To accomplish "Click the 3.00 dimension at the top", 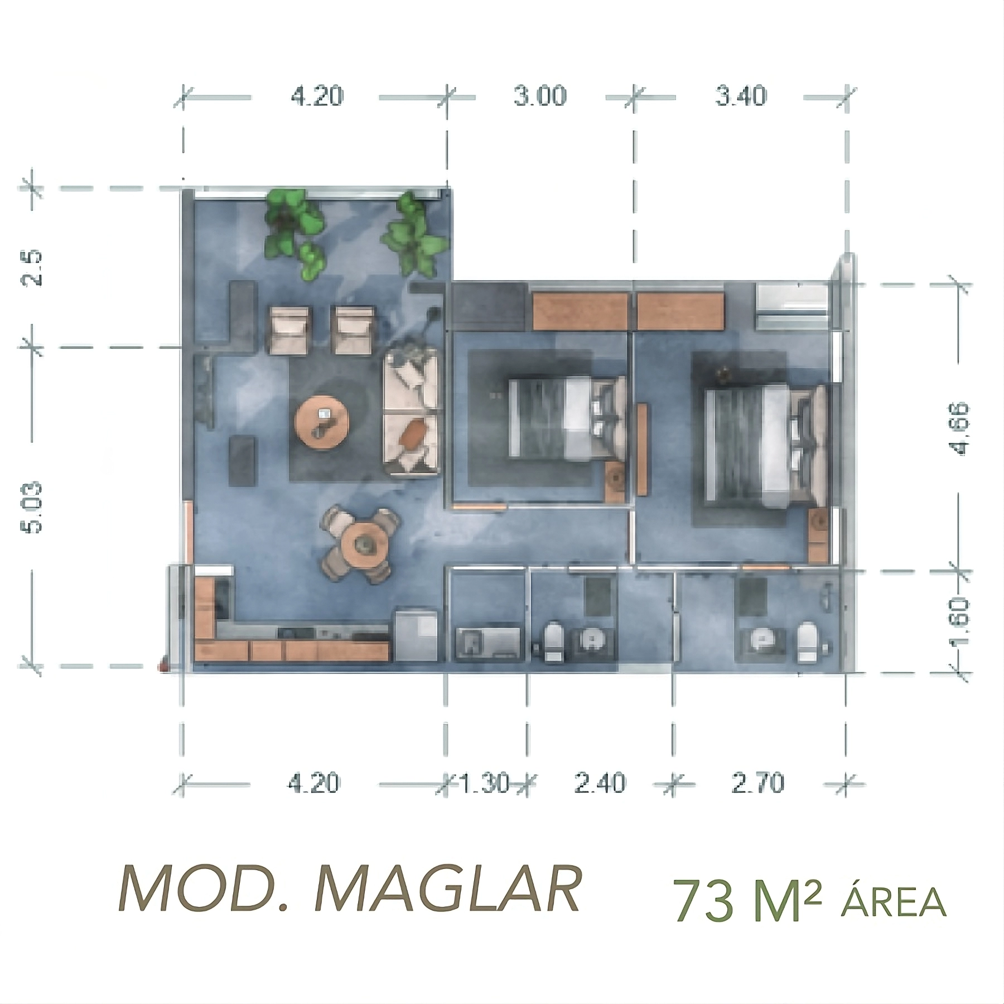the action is point(540,96).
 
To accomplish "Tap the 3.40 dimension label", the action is point(741,96).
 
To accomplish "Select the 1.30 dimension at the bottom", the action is point(484,784).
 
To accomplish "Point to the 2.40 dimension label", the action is point(600,784).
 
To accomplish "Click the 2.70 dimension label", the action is point(758,784).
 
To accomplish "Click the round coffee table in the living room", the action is point(322,422).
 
